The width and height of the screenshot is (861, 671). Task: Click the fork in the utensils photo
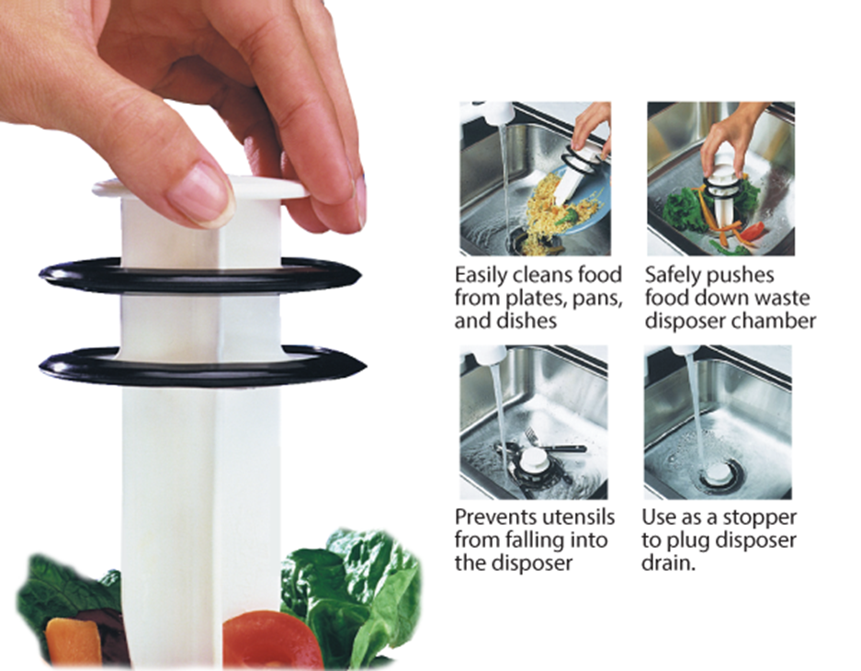(551, 447)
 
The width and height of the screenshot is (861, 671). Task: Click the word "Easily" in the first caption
(482, 275)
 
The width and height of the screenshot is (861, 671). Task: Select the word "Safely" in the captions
(673, 275)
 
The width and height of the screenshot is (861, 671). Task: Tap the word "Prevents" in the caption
(497, 517)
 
